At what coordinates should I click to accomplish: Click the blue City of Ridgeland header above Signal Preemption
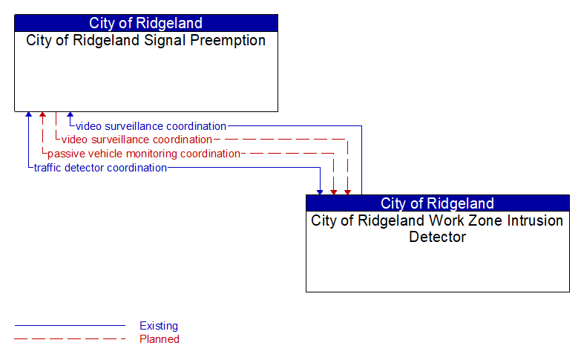145,23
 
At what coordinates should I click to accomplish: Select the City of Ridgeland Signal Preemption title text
145,41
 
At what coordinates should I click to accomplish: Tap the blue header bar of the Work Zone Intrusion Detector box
437,203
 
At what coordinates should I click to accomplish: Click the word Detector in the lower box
437,238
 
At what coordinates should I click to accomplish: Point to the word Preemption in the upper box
228,41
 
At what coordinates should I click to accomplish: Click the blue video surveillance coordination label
151,126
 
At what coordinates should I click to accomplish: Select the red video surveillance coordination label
137,140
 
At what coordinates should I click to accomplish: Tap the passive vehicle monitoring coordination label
143,154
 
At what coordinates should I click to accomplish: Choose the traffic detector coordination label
100,168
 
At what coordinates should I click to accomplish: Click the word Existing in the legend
159,326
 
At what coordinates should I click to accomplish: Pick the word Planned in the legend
160,339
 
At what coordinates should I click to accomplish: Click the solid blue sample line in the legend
70,326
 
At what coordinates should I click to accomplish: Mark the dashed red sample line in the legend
70,339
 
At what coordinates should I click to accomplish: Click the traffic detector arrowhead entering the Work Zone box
320,192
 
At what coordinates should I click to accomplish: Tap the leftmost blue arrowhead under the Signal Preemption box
28,115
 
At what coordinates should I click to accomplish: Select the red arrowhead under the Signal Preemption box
42,115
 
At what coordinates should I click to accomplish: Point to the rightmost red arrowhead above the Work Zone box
347,192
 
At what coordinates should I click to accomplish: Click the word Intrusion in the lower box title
535,221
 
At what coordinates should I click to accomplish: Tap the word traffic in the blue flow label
48,168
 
